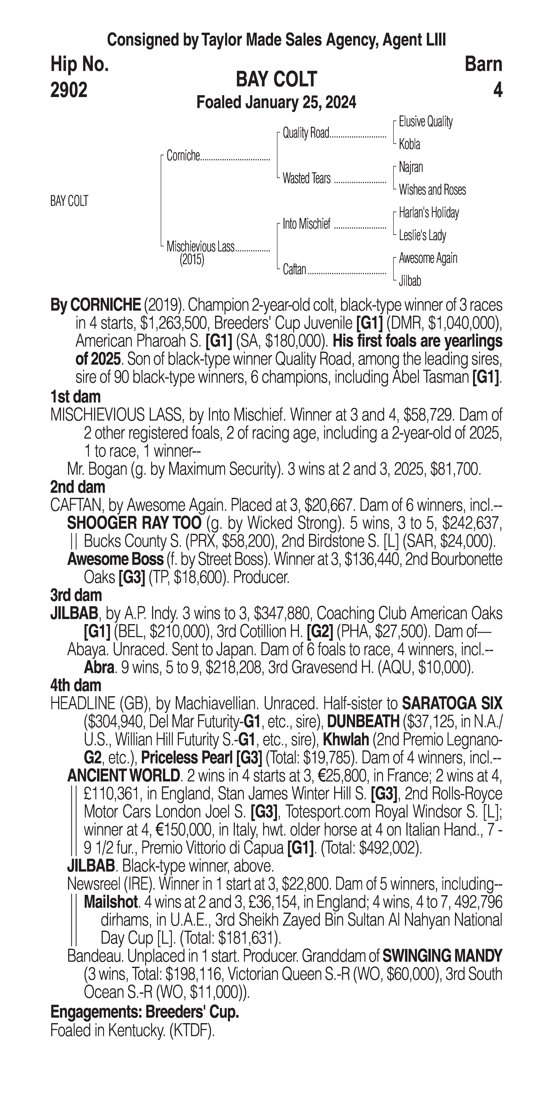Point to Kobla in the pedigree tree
[x=409, y=144]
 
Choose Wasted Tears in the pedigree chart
[x=307, y=178]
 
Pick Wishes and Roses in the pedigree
[x=432, y=190]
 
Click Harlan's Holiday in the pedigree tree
[x=429, y=213]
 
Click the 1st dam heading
[x=75, y=397]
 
